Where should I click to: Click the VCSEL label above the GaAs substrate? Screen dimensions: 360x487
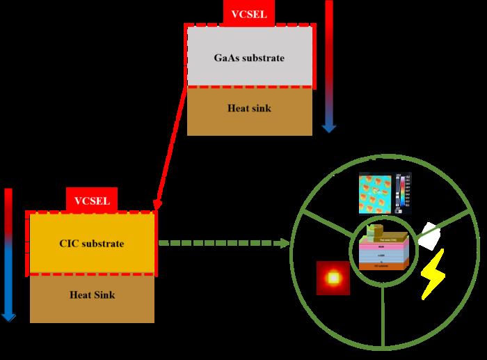(249, 13)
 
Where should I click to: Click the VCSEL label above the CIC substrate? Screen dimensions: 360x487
(92, 201)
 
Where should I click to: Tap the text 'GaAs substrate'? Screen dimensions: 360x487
(249, 57)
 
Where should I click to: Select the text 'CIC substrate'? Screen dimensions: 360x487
(92, 244)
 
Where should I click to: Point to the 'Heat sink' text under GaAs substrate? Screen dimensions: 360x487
(249, 109)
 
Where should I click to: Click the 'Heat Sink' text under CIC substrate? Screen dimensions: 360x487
(92, 295)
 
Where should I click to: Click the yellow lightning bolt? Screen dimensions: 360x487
(433, 276)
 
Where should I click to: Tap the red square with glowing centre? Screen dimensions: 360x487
(333, 278)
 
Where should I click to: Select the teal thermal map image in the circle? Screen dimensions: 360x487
(376, 193)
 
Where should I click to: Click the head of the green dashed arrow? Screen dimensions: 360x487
(285, 244)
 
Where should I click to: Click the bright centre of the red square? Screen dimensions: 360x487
(333, 278)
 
